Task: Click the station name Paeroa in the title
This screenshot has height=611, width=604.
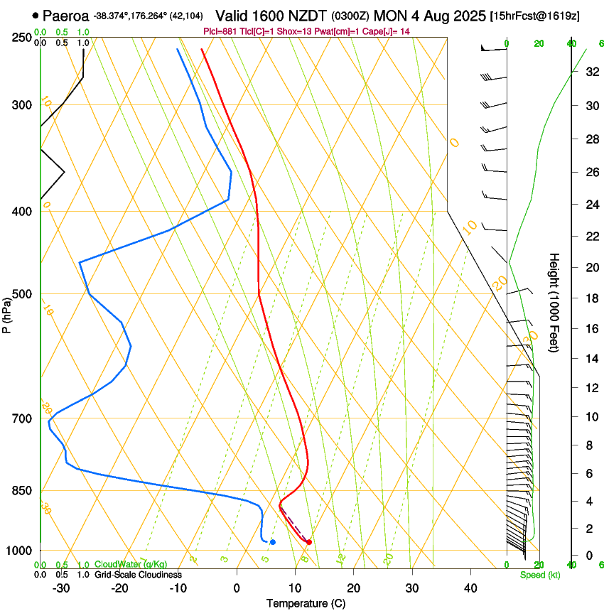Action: (x=66, y=15)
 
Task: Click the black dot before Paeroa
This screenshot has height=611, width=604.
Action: (x=36, y=15)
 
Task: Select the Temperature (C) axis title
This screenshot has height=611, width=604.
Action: (x=306, y=603)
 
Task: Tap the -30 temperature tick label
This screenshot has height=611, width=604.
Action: (x=61, y=588)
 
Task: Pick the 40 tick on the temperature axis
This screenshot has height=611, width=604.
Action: (x=470, y=588)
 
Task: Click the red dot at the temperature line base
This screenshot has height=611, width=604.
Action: (x=308, y=542)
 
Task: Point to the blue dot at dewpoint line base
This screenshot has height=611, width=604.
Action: (x=273, y=542)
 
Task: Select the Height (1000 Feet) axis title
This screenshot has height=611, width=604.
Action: (x=555, y=303)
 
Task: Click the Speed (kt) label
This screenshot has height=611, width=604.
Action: (x=539, y=575)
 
